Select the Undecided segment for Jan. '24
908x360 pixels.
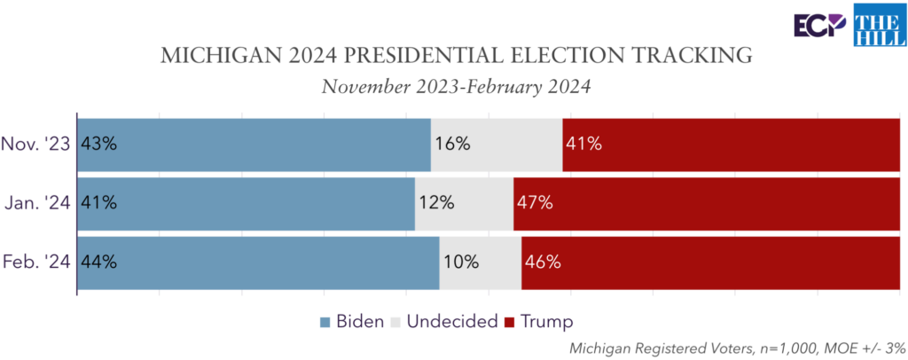click(464, 203)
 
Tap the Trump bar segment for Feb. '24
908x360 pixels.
click(709, 262)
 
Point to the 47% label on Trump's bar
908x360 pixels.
click(536, 203)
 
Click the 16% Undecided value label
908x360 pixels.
click(451, 144)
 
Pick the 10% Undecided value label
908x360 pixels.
click(461, 262)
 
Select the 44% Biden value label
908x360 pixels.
click(98, 262)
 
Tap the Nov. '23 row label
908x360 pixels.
click(36, 144)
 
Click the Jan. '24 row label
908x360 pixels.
click(38, 203)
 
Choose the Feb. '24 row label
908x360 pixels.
click(37, 262)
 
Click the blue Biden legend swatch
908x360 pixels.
click(325, 322)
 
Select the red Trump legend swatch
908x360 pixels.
click(510, 322)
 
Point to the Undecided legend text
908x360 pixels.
click(451, 321)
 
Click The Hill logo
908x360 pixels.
click(878, 25)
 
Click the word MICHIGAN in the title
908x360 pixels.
click(207, 57)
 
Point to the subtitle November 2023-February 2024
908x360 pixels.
click(456, 87)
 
